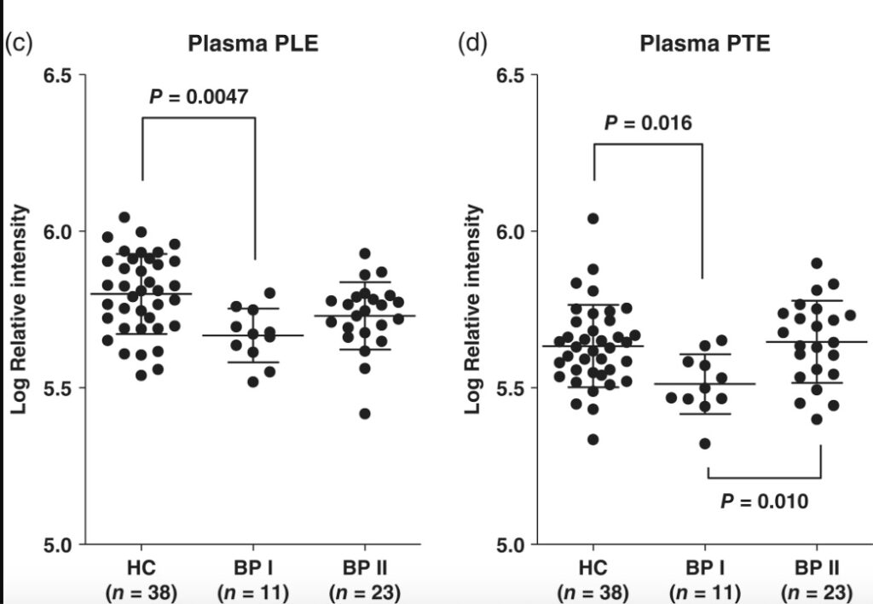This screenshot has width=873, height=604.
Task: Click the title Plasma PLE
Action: click(x=253, y=44)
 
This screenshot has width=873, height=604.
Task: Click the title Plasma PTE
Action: click(x=705, y=44)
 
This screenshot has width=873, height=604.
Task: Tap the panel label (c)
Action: click(x=19, y=43)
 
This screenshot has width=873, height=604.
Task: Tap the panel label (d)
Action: click(x=472, y=43)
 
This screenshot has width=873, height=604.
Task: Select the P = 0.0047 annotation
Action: click(x=199, y=96)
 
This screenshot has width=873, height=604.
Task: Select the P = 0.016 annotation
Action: click(x=648, y=123)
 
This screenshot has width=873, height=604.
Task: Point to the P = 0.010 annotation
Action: click(x=763, y=501)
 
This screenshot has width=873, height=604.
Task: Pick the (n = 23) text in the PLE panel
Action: click(x=365, y=591)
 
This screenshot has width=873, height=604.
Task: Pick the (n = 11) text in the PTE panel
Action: click(x=705, y=591)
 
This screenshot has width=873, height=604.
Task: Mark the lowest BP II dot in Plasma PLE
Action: click(x=365, y=414)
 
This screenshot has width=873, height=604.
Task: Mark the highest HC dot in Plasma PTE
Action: click(x=593, y=218)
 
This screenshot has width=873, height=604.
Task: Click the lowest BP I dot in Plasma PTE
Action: click(x=704, y=443)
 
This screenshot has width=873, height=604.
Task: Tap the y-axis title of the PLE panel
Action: click(x=19, y=310)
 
